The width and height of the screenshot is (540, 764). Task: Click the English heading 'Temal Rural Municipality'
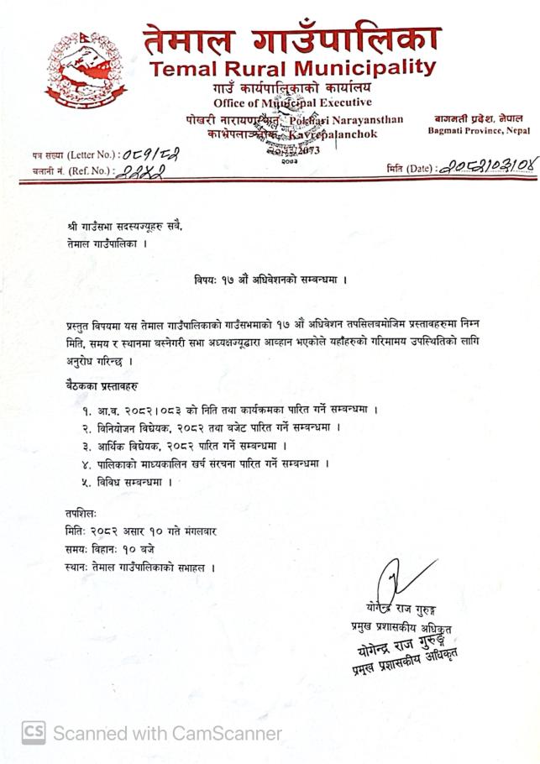coord(291,68)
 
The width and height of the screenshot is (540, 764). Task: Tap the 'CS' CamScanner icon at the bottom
coord(33,732)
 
